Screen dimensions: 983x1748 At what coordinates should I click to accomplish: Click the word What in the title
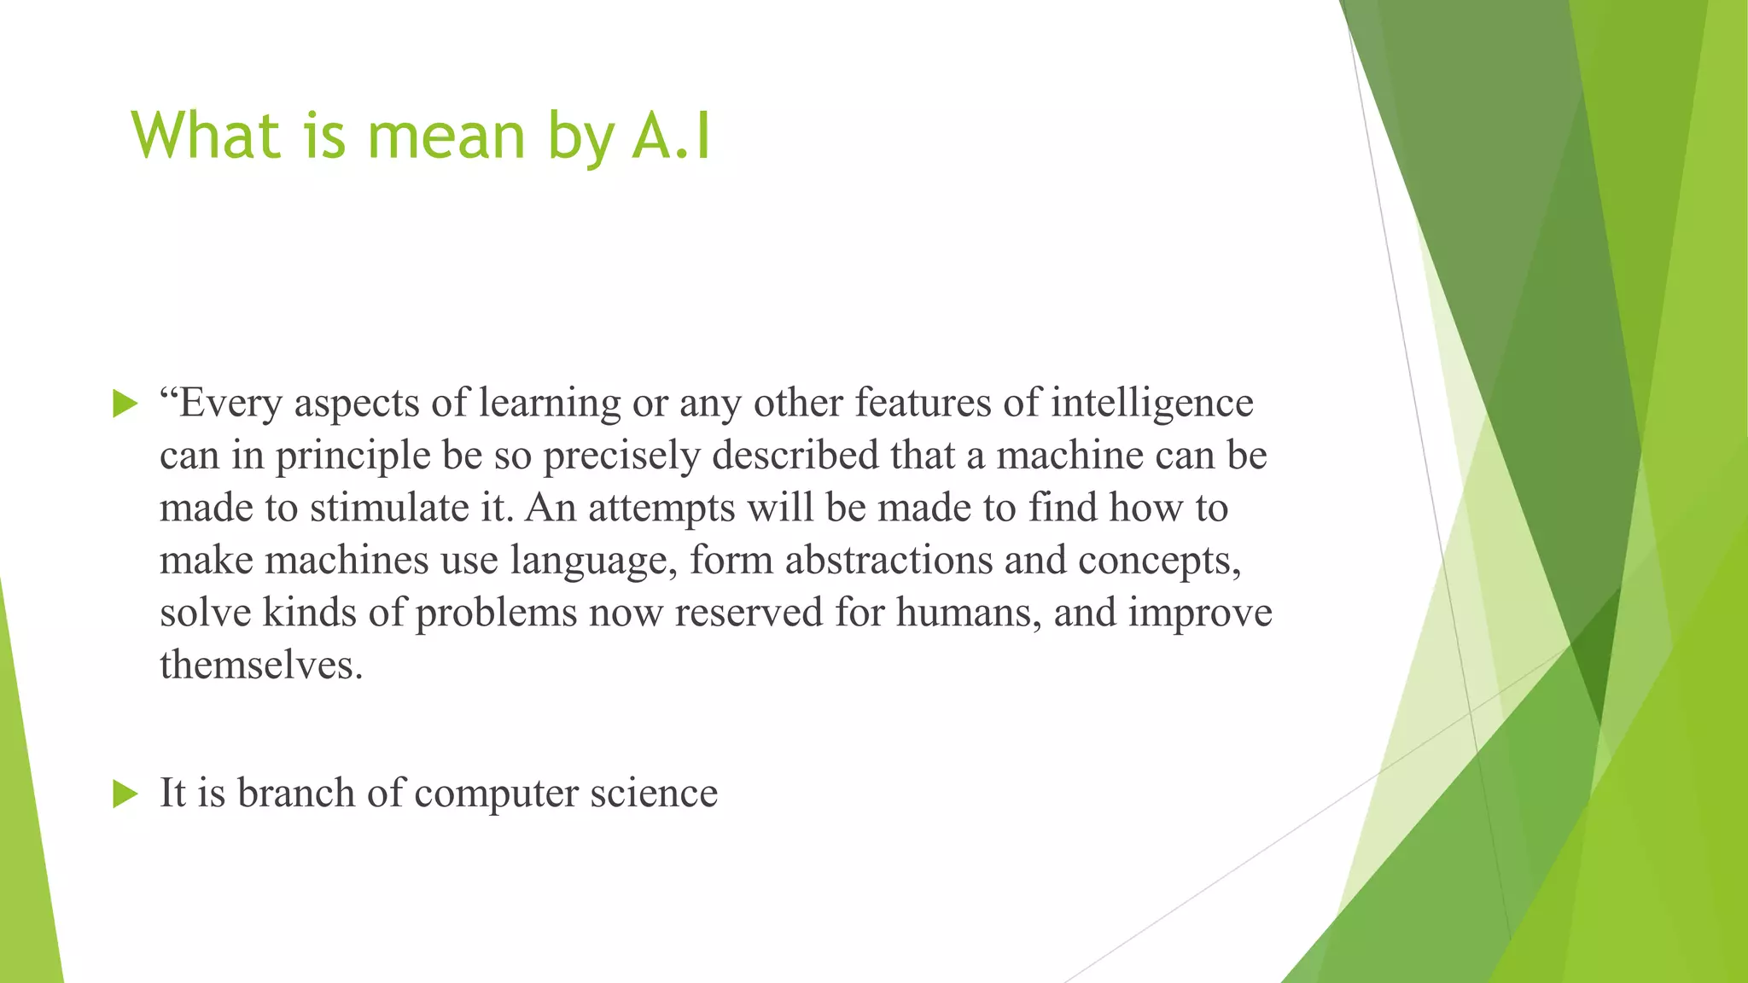tap(206, 137)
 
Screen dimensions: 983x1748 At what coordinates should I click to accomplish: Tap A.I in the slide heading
tap(672, 137)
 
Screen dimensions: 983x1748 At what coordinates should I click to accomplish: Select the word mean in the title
tap(446, 137)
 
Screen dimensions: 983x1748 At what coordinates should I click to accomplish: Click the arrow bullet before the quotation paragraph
tap(125, 404)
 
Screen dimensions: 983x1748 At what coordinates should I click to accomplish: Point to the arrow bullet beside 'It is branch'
tap(125, 794)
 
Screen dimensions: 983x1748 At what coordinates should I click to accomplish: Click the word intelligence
tap(1152, 404)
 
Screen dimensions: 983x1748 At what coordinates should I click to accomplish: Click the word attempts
tap(661, 509)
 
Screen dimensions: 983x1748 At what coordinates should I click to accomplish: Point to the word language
tap(592, 561)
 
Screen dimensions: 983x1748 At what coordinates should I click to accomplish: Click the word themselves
tap(260, 666)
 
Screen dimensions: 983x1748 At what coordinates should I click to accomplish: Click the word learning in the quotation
tap(550, 404)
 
